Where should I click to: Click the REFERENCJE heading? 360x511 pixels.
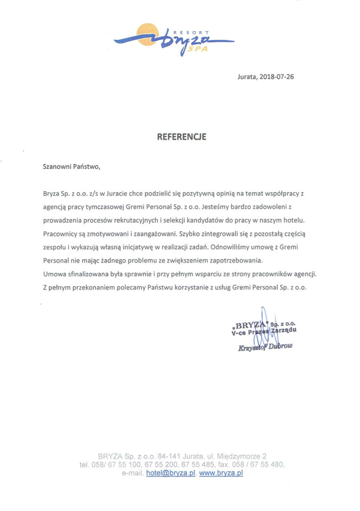(182, 137)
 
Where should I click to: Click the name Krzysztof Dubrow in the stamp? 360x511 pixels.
(265, 347)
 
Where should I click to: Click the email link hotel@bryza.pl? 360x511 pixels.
(171, 473)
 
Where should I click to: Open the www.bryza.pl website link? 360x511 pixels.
(221, 473)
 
